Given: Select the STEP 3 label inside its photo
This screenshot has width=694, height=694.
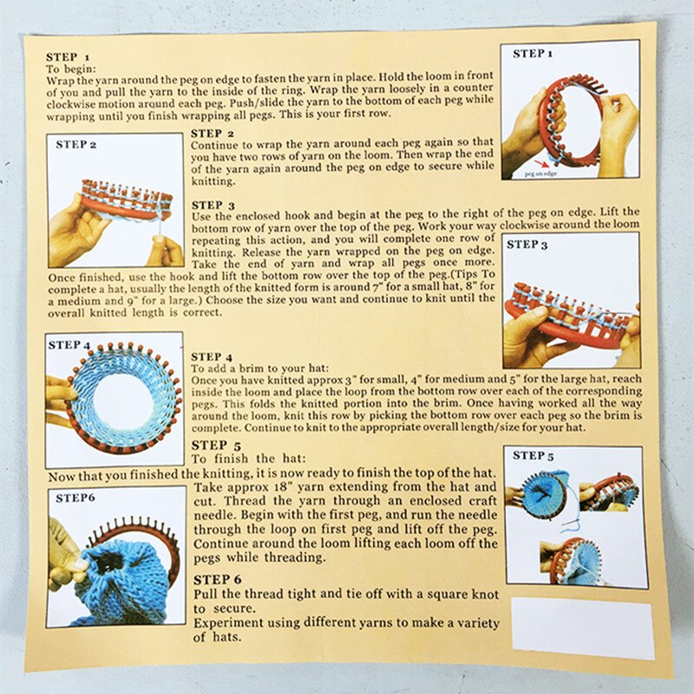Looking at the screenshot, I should coord(527,245).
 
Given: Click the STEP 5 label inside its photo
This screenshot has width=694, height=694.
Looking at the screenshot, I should coord(534,455).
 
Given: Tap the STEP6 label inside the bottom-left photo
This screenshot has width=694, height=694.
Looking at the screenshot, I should coord(75,498).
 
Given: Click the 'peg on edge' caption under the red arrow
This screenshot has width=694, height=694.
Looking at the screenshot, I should coord(541,173).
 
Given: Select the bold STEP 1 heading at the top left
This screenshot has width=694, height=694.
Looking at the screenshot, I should coord(67,56).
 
